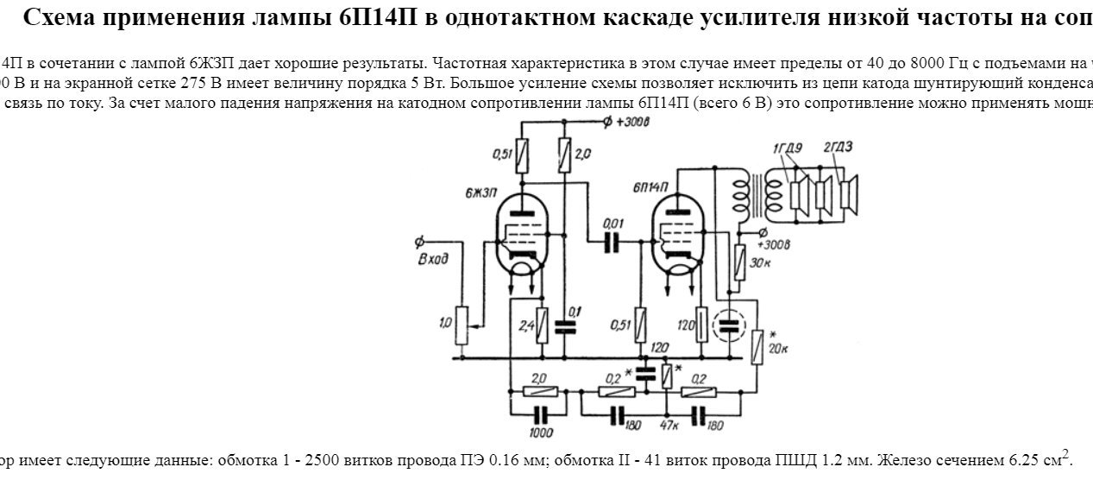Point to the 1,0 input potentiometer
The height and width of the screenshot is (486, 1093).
click(x=462, y=323)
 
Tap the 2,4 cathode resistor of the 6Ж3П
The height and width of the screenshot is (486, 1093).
click(x=542, y=325)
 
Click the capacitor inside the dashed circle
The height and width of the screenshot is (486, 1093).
click(x=730, y=325)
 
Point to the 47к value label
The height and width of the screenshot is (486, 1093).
click(x=669, y=426)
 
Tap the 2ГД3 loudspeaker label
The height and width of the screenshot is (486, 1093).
click(x=838, y=147)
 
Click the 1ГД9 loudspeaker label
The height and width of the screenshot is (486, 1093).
click(x=788, y=148)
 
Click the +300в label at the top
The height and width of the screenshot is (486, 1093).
click(x=635, y=122)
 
